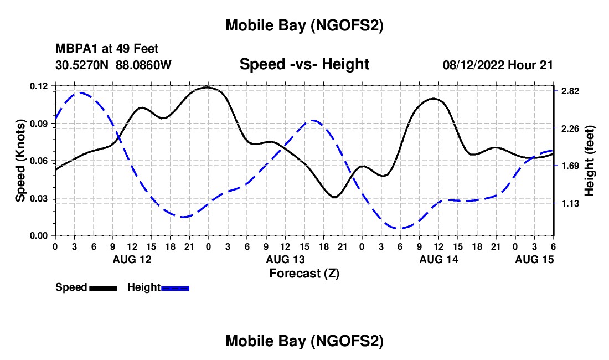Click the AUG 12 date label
point(132,259)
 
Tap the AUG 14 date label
point(438,259)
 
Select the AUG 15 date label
point(534,259)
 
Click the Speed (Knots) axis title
point(20,161)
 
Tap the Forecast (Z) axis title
point(304,273)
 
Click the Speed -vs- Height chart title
point(304,64)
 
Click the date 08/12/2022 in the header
point(473,65)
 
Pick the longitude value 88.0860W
point(144,65)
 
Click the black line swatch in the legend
point(103,288)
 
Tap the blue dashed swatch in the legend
point(176,288)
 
